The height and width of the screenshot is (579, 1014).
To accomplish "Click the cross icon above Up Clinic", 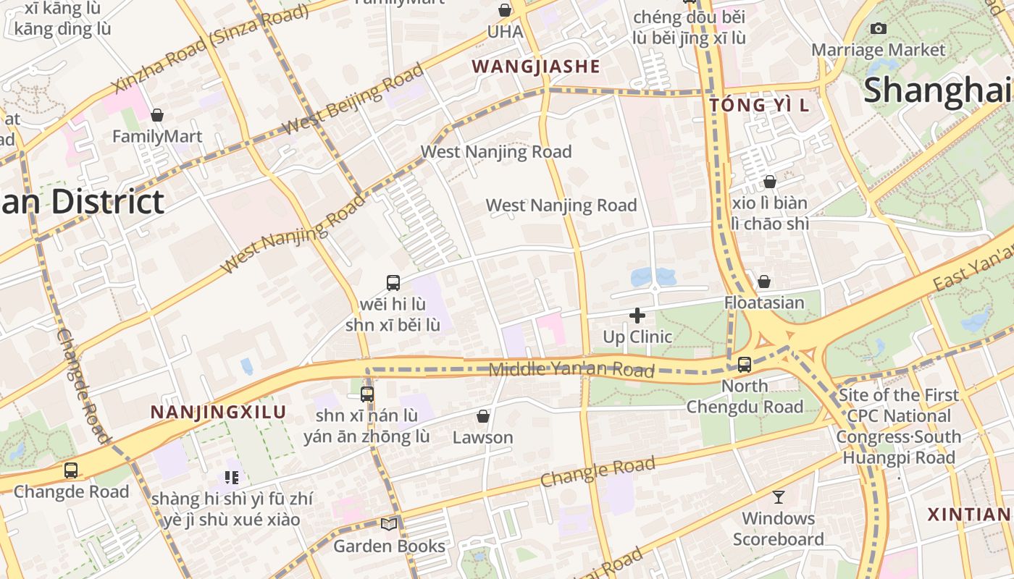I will [637, 316].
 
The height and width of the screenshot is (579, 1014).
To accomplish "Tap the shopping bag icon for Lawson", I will [483, 416].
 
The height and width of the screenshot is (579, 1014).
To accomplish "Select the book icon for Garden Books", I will [390, 524].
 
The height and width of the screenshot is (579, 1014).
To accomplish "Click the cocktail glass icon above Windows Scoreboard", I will [779, 496].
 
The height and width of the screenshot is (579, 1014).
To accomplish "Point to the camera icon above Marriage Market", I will [879, 28].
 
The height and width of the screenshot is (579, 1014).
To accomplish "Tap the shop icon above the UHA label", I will [505, 10].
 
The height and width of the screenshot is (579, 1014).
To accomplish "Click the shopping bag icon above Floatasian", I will [764, 282].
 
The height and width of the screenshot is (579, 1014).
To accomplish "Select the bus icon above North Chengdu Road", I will [745, 365].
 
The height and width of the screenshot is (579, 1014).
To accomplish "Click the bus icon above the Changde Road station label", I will [71, 470].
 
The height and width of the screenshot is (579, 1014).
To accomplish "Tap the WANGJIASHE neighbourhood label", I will [536, 67].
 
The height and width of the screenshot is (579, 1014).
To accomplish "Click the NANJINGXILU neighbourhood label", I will [218, 413].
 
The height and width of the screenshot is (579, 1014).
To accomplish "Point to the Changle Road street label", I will [598, 472].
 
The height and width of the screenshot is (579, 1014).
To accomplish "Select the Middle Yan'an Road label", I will [571, 370].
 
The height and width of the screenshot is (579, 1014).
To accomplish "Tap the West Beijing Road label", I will [352, 99].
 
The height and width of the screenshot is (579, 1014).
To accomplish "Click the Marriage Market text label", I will [878, 50].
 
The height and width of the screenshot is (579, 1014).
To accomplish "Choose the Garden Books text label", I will [390, 546].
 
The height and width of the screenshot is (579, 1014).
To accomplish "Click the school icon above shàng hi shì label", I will [232, 477].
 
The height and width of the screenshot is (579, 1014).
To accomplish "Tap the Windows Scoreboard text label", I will [779, 529].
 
